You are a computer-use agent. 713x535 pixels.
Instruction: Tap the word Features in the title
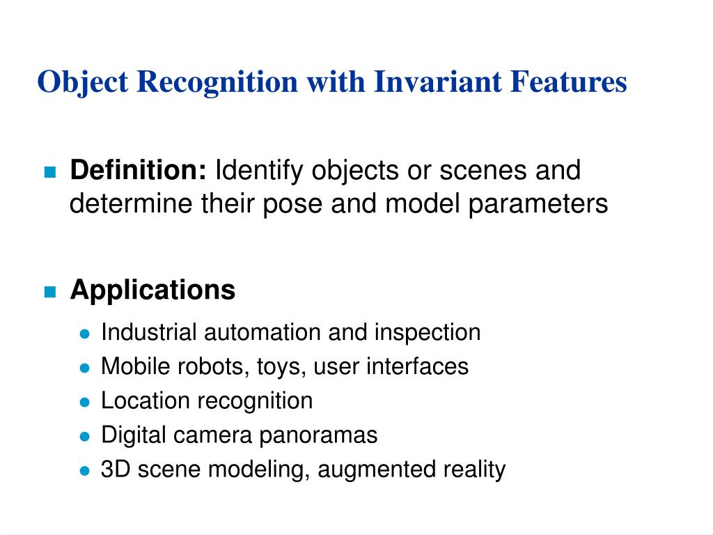(569, 82)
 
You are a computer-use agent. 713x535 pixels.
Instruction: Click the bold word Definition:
(138, 170)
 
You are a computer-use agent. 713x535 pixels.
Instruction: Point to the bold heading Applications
(152, 290)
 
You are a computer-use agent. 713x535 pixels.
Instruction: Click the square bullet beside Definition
(49, 172)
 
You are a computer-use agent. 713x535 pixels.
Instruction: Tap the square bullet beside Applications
(49, 292)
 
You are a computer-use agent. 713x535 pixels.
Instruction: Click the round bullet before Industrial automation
(85, 334)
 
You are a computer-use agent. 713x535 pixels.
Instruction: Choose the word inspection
(427, 332)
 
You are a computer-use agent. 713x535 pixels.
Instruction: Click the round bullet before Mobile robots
(85, 368)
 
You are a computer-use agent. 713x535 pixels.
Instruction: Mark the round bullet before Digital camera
(85, 437)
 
